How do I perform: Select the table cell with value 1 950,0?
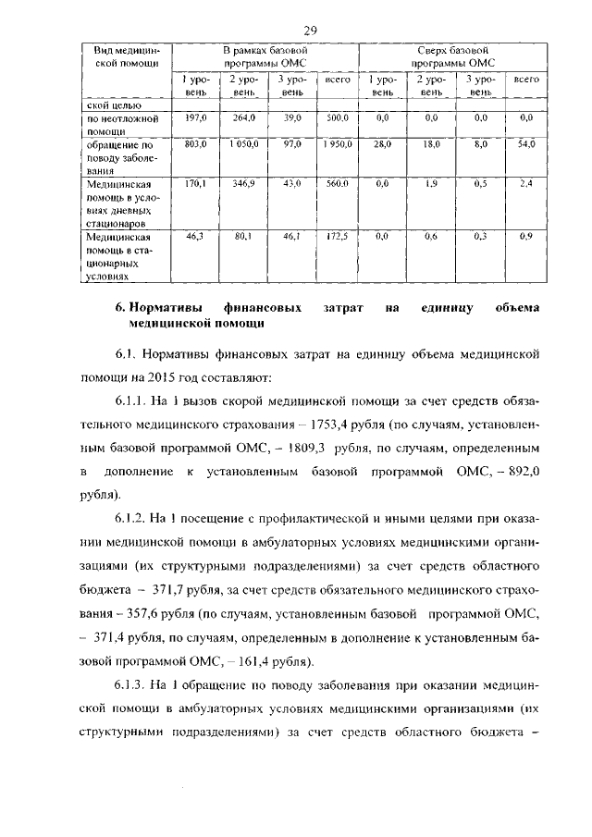(338, 145)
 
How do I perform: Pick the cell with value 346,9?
(243, 185)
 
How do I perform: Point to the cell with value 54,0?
(526, 145)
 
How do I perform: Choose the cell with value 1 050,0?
(243, 145)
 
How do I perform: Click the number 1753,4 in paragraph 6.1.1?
(388, 425)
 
